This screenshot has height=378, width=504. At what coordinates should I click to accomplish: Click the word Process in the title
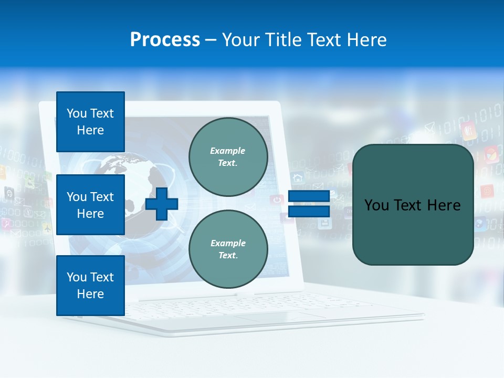point(165,40)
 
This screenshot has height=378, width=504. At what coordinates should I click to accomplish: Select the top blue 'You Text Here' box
point(90,122)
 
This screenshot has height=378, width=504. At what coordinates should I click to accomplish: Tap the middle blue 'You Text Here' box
point(90,205)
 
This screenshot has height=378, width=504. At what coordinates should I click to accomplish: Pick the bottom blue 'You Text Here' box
point(90,285)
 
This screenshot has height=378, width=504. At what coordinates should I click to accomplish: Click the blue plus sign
point(162,204)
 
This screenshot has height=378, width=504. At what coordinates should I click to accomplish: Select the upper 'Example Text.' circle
point(228,157)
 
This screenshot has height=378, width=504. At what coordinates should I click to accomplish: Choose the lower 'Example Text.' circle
point(228,249)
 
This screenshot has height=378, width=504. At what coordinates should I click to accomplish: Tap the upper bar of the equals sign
point(309,196)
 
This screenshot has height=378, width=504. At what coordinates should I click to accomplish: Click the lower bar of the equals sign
point(309,211)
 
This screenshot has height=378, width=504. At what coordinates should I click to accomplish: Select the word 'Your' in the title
point(241,40)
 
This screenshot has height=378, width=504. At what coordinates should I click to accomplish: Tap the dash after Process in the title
point(211,40)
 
